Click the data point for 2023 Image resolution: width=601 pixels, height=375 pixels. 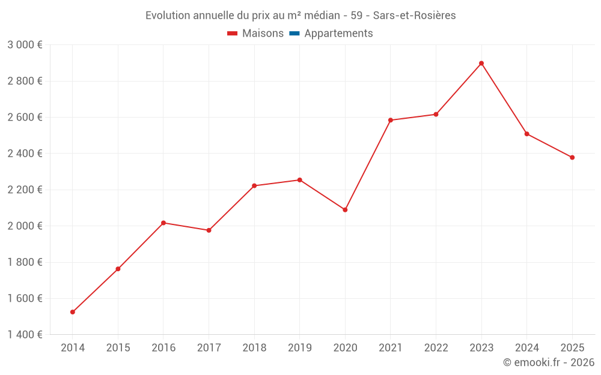point(481,64)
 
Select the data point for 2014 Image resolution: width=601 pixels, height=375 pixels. point(73,312)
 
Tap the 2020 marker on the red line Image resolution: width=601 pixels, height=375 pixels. point(345,210)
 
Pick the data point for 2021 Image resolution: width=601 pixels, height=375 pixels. point(391,120)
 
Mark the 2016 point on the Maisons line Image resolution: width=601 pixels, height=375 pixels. point(163,223)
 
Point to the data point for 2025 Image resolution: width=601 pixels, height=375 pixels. point(572,158)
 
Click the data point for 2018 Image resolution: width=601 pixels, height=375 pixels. point(254,186)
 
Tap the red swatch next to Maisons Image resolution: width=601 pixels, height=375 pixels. point(233,34)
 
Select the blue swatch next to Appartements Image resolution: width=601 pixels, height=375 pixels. point(294,34)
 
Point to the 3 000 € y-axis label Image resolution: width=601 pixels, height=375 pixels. point(25,45)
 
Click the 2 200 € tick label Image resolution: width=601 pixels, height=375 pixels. point(25,190)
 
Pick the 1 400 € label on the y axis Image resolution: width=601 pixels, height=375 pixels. point(25,335)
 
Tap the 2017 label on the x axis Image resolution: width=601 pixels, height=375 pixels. point(209,348)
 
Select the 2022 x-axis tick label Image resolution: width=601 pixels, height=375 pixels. point(436,348)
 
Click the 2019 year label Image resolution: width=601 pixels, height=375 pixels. point(299,348)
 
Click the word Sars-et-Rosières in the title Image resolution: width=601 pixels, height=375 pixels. point(414,16)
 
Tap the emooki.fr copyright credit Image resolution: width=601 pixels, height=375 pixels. point(549,362)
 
